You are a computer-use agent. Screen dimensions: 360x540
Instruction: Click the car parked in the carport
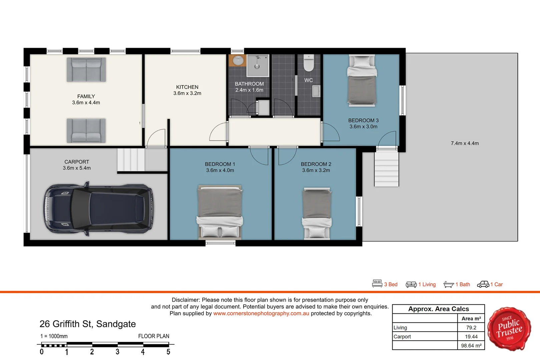(x=99, y=208)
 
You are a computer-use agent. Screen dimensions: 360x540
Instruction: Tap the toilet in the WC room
(x=309, y=63)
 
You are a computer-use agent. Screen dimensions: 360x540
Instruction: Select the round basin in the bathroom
(x=238, y=61)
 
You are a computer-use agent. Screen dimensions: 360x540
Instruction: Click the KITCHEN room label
(x=187, y=87)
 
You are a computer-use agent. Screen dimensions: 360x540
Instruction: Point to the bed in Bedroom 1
(x=220, y=212)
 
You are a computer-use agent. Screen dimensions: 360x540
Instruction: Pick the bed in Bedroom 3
(x=362, y=81)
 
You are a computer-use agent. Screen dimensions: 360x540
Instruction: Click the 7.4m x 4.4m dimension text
(x=465, y=143)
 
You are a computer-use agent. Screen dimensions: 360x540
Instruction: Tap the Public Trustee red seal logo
(x=509, y=329)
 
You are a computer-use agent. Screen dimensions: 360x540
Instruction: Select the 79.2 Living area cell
(x=471, y=328)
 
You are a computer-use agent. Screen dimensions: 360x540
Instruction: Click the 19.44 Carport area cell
(x=471, y=337)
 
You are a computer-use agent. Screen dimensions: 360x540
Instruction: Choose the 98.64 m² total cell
(x=471, y=346)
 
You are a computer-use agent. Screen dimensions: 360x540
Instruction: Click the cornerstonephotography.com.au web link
(x=261, y=313)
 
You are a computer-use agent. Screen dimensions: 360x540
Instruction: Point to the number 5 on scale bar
(x=168, y=352)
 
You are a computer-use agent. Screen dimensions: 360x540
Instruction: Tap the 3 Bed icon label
(x=385, y=284)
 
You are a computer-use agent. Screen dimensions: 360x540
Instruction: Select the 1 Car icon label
(x=490, y=284)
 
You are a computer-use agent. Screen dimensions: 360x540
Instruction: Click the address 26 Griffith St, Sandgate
(x=88, y=324)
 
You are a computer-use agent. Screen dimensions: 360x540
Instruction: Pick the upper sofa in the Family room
(x=86, y=70)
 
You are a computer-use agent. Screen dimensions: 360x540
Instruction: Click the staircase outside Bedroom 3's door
(x=386, y=168)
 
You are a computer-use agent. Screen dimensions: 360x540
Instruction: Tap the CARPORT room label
(x=77, y=162)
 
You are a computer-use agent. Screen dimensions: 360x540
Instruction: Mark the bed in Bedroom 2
(x=317, y=213)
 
